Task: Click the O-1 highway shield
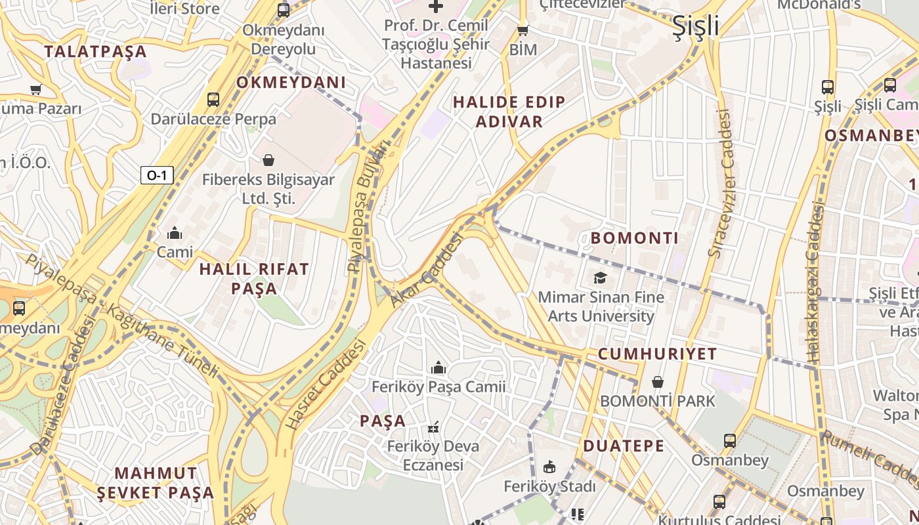point(157,175)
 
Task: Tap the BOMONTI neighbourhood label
point(635,238)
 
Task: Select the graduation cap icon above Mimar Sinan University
point(600,278)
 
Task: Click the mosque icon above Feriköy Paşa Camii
point(438,367)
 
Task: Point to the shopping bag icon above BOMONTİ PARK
point(657,381)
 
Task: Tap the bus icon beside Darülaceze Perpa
point(213,100)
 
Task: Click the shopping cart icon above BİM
point(523,30)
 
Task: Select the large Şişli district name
point(695,26)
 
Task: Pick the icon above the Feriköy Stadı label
point(549,467)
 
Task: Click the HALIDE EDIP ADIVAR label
point(509,112)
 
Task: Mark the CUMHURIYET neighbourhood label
point(657,354)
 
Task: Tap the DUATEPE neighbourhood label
point(624,446)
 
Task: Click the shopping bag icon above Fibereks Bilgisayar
point(268,160)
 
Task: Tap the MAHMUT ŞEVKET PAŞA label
point(156,482)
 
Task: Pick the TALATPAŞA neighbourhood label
point(95,52)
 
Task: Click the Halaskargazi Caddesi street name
point(814,282)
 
